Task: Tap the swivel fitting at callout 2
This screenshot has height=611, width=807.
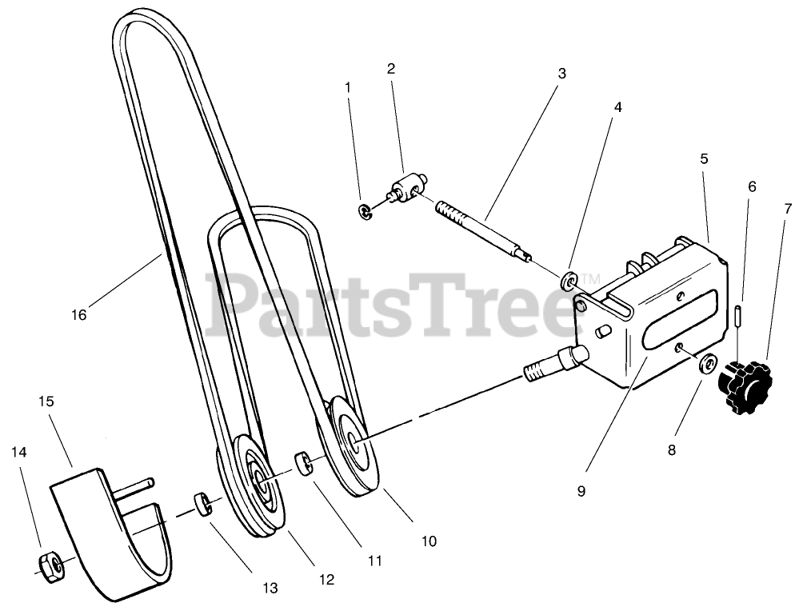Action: click(407, 189)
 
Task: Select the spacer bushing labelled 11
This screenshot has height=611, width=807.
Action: click(305, 463)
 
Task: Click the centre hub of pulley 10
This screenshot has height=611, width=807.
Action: click(353, 439)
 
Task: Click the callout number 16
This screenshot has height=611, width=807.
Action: click(78, 315)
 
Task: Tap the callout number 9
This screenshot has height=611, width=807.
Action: click(581, 491)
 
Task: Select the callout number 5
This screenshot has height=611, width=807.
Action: click(704, 158)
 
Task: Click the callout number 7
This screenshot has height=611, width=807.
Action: click(788, 209)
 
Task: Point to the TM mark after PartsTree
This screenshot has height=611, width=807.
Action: click(589, 277)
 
